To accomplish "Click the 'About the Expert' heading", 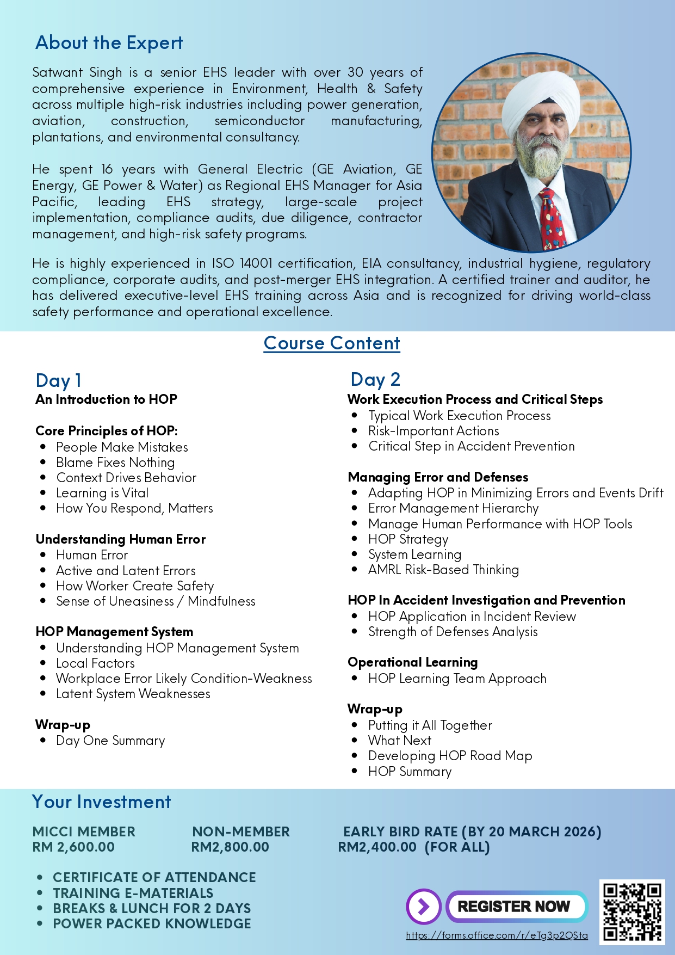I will pyautogui.click(x=109, y=43).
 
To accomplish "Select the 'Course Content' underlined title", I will pyautogui.click(x=332, y=343).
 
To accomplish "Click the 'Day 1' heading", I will pyautogui.click(x=58, y=380).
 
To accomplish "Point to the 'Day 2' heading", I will pyautogui.click(x=375, y=379).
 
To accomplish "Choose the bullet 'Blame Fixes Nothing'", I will pyautogui.click(x=115, y=463).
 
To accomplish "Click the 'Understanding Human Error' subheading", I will pyautogui.click(x=120, y=539).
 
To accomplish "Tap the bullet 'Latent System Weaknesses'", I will pyautogui.click(x=133, y=694).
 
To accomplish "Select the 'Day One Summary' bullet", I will pyautogui.click(x=110, y=741).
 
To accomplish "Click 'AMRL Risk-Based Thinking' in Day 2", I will pyautogui.click(x=443, y=570).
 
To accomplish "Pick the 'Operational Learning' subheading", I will pyautogui.click(x=412, y=662).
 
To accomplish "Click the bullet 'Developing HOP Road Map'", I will pyautogui.click(x=450, y=756).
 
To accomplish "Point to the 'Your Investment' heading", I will pyautogui.click(x=102, y=802).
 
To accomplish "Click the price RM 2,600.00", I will pyautogui.click(x=73, y=847).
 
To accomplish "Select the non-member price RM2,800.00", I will pyautogui.click(x=230, y=847).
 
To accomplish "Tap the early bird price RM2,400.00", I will pyautogui.click(x=377, y=847).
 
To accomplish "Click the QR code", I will pyautogui.click(x=632, y=911).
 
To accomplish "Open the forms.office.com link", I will pyautogui.click(x=497, y=935).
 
